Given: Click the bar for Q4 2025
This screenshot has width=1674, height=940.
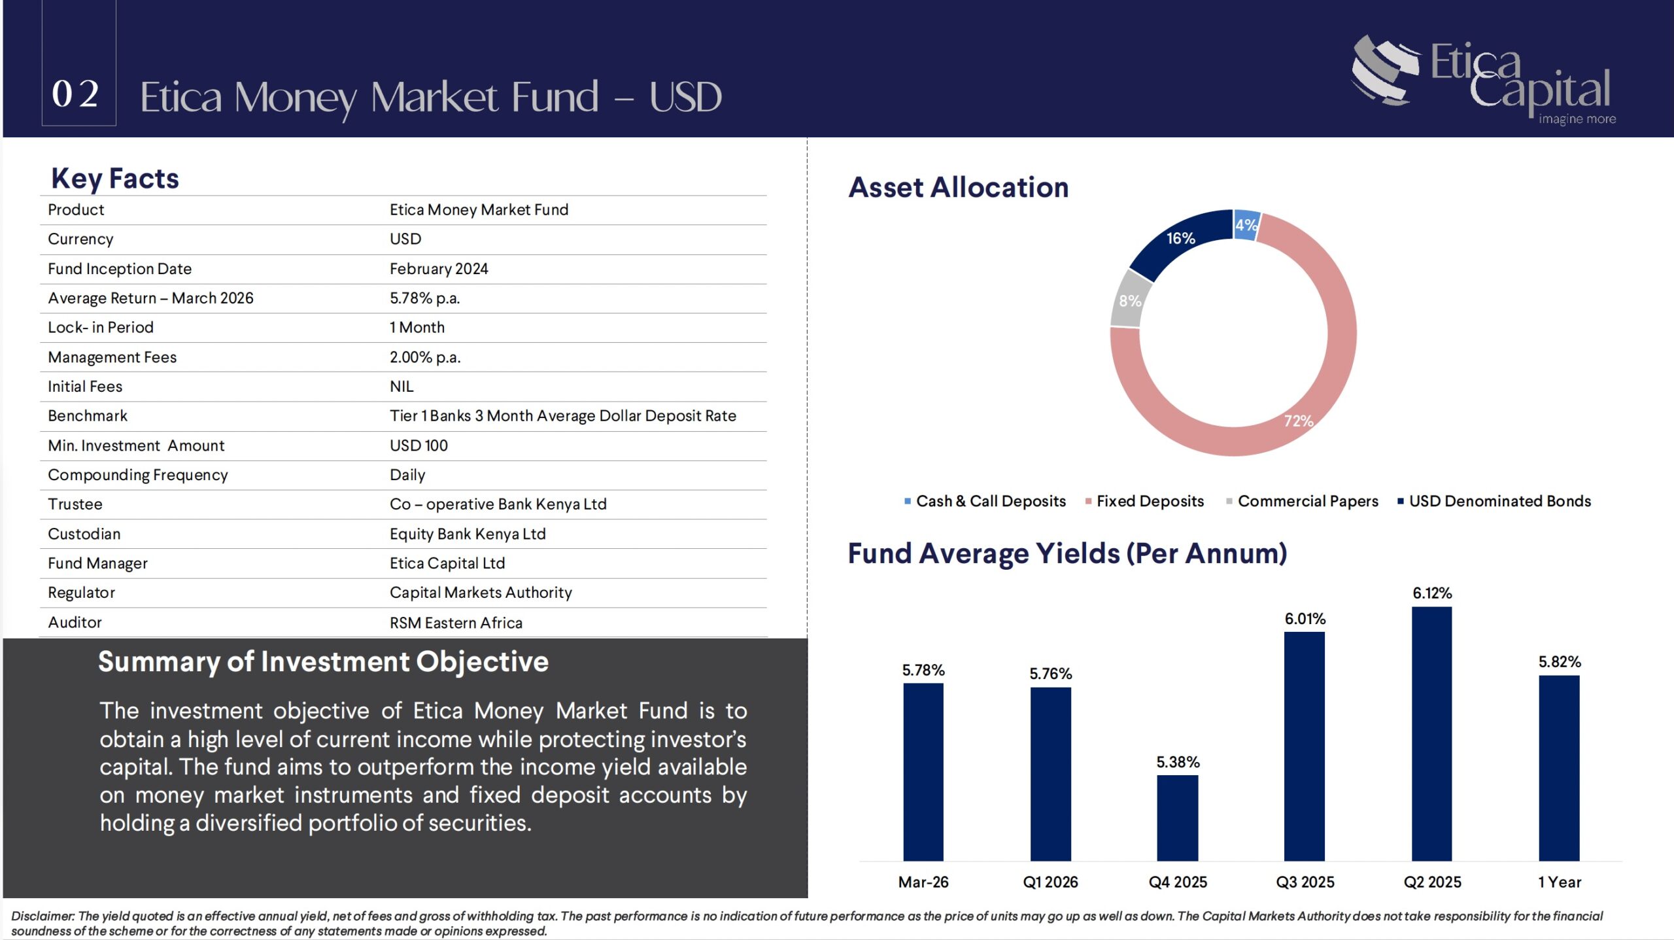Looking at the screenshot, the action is [x=1177, y=818].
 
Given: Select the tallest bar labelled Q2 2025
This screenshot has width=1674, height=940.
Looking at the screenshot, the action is [x=1431, y=734].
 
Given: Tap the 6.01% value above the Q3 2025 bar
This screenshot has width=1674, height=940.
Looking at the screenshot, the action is [x=1305, y=619].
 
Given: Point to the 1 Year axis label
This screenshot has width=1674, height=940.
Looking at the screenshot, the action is [x=1559, y=882].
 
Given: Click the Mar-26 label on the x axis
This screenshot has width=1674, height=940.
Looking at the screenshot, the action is [x=923, y=882].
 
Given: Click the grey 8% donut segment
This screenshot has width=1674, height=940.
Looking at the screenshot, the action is [x=1126, y=300].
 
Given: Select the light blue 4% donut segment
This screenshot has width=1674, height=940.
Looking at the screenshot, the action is [x=1246, y=225].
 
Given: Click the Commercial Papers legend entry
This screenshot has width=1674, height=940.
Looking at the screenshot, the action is [x=1302, y=501].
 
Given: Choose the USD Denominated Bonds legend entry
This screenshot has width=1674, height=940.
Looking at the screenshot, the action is [x=1494, y=501].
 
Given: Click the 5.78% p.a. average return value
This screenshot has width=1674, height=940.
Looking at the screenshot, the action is [x=425, y=298].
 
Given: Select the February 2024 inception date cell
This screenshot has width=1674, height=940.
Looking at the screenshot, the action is [x=439, y=269].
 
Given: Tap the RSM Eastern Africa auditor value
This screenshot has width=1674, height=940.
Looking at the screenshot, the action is [x=456, y=623].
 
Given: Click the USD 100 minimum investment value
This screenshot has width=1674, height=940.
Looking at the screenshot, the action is [x=418, y=445].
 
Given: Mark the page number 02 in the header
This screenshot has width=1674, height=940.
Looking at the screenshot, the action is [x=76, y=94].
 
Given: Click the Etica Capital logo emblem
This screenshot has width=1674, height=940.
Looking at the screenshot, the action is [x=1385, y=70].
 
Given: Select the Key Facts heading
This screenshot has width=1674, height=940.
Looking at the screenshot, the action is [x=115, y=178].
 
